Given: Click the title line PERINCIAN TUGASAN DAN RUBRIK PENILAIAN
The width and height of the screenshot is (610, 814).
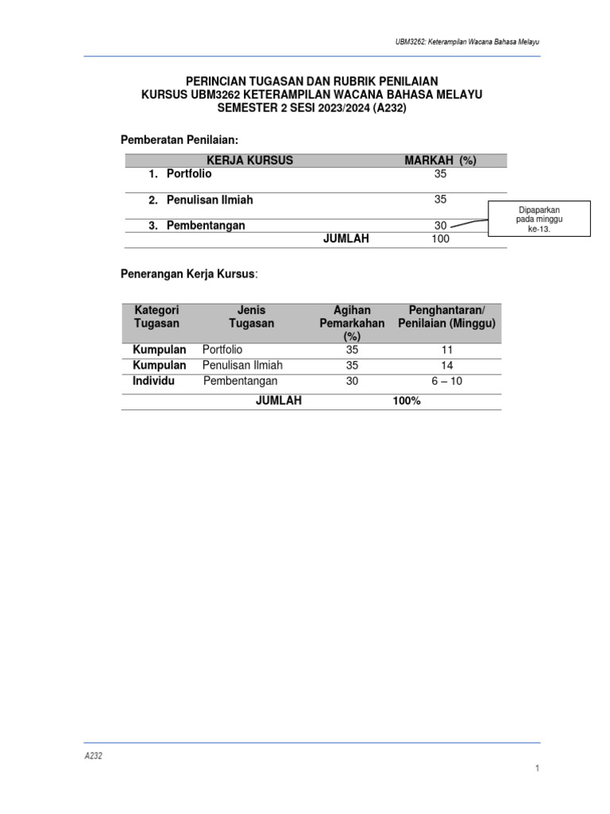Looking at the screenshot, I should pos(311,81).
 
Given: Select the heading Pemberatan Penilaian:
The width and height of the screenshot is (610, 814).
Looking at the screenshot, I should pos(179,140).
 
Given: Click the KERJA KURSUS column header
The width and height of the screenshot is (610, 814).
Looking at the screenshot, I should pos(249,161).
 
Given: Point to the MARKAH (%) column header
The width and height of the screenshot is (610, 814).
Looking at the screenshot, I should pos(440,161).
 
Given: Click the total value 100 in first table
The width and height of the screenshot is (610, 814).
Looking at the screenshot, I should pos(440,239).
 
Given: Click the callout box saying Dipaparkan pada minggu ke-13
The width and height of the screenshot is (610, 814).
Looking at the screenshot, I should pos(539,219).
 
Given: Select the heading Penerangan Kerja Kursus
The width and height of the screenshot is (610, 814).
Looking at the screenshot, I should pos(188,274).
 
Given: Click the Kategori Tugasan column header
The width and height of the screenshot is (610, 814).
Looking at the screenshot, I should pos(156,316).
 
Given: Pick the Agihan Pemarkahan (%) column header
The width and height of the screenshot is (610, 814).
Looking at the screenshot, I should pos(352,323).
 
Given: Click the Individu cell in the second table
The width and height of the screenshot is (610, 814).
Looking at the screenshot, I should pos(153,382).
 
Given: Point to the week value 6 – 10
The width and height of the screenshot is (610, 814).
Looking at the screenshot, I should pos(446,382).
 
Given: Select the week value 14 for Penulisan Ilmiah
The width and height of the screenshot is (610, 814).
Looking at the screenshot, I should pos(446,366).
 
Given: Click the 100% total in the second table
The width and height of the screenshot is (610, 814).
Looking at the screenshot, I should pos(406,401).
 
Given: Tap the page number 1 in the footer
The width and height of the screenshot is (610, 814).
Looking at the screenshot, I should pos(538,768).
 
